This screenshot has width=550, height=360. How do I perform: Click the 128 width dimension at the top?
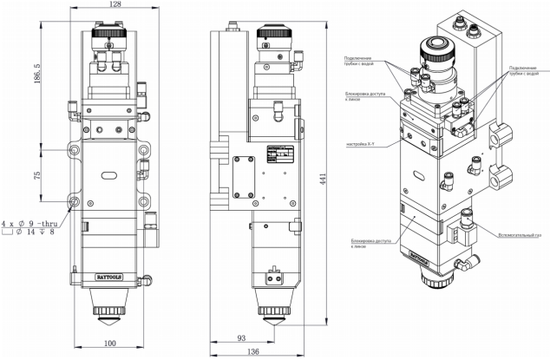point(115,5)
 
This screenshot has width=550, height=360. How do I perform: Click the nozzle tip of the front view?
point(109,322)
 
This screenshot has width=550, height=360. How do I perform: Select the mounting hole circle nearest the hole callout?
point(75,201)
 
